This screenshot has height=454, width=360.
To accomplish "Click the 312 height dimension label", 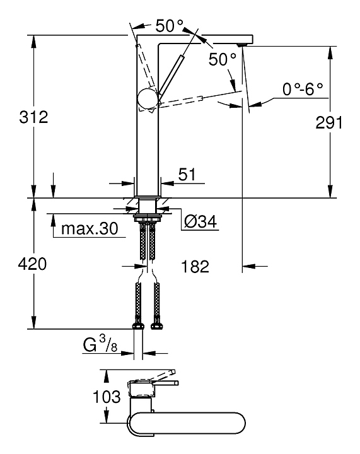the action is (33, 117).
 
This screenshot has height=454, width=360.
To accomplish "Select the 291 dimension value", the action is (329, 122).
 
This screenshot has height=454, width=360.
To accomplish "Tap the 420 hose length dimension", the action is (32, 264).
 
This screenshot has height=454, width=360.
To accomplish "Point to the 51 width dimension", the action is (187, 175).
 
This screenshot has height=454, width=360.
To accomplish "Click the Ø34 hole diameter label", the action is (200, 222).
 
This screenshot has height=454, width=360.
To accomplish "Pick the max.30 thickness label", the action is (90, 229).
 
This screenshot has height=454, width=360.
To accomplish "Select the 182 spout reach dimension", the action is (195, 266).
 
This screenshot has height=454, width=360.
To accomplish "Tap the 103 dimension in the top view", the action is (107, 397).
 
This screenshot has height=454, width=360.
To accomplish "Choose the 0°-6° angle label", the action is (303, 89).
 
